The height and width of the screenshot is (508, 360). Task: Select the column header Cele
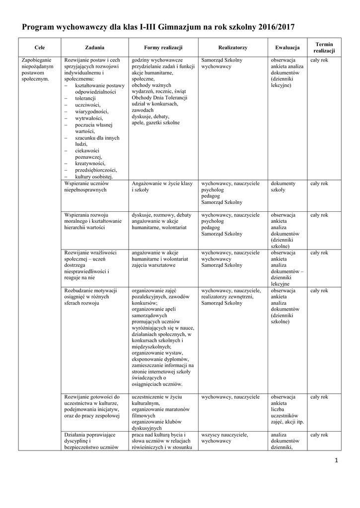39,48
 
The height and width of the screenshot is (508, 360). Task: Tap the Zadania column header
94,48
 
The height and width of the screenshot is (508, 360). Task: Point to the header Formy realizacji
163,48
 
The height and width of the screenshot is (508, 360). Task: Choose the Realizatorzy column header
232,48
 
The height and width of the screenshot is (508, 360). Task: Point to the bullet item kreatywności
90,163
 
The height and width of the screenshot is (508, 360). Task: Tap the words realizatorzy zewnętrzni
227,297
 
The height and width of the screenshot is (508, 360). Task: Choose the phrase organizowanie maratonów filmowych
158,412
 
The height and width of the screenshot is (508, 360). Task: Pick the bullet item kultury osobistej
94,176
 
